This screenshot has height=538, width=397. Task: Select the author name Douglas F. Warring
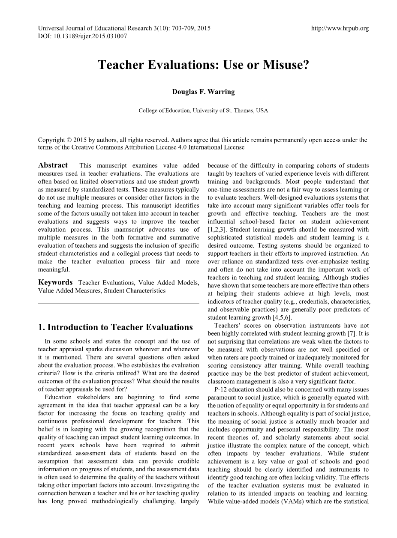click(x=203, y=92)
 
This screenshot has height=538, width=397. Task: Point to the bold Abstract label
click(x=53, y=165)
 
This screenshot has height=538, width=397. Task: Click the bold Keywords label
click(x=55, y=282)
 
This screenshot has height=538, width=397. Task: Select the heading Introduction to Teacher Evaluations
click(x=120, y=327)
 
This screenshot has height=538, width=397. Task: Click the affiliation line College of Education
click(x=203, y=111)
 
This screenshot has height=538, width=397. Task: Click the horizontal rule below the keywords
click(x=118, y=304)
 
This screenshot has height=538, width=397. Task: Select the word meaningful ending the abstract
click(x=54, y=269)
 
